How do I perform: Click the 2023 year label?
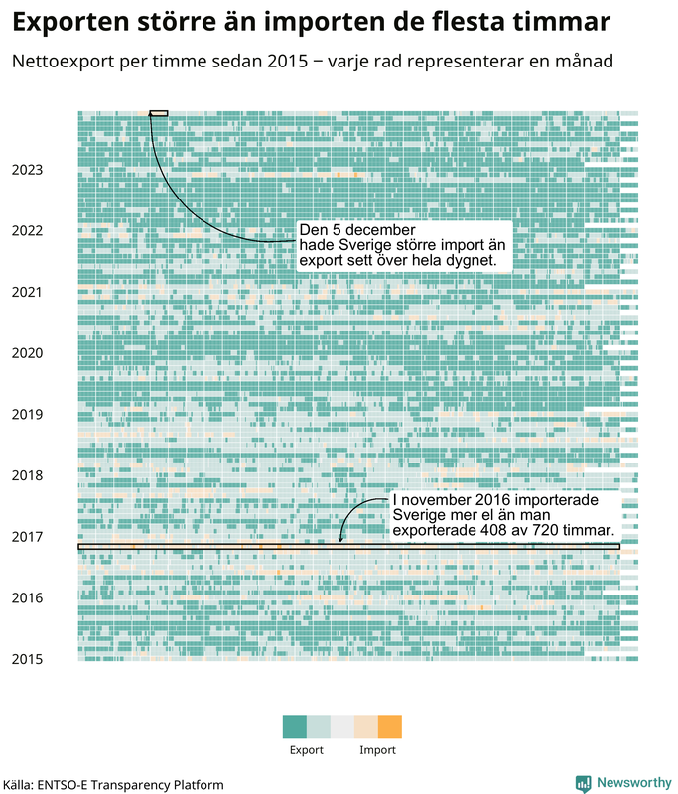tap(28, 170)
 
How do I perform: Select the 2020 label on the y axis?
tap(28, 353)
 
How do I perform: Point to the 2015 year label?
tap(28, 659)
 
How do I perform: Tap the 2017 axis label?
tap(28, 537)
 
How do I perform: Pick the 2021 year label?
tap(28, 292)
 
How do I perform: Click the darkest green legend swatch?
tap(295, 727)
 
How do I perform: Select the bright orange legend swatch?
tap(390, 727)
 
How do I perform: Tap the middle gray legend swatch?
tap(342, 727)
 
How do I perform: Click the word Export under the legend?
tap(307, 750)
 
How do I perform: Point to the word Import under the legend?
tap(378, 750)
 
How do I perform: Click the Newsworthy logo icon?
tap(584, 784)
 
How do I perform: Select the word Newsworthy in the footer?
tap(634, 783)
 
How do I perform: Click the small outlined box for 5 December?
tap(159, 113)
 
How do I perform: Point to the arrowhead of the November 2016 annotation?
tap(340, 540)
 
